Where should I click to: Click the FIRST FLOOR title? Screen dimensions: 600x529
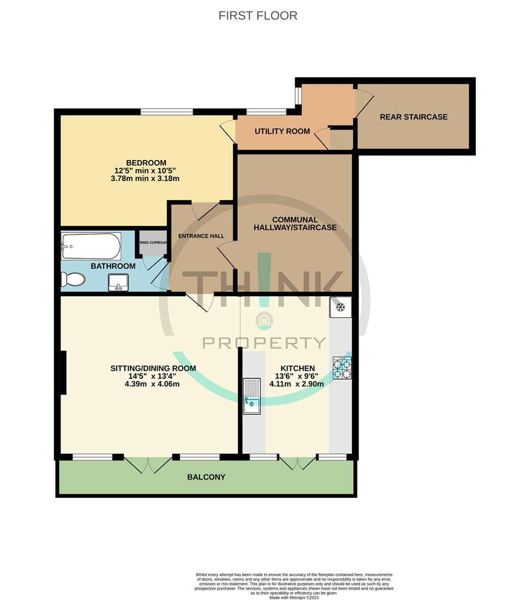(258, 16)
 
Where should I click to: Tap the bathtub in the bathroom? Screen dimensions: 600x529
(91, 246)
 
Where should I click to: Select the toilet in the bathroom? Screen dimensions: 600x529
(74, 279)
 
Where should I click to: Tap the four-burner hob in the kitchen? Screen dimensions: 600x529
(341, 368)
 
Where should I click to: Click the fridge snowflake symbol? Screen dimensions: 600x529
(341, 307)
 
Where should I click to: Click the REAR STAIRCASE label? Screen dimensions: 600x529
(414, 117)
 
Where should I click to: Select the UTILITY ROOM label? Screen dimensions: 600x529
(282, 132)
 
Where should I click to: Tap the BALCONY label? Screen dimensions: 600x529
(206, 477)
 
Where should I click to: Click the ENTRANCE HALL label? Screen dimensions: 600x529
(201, 236)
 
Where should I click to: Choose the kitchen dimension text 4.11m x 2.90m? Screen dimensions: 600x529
(292, 384)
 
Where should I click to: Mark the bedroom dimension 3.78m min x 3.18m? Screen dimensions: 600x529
(146, 179)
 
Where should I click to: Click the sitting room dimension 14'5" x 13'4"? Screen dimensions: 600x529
(153, 376)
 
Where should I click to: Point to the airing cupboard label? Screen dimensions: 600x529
(152, 243)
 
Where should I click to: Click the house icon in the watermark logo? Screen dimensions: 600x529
(264, 320)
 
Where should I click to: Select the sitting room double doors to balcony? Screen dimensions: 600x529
(148, 464)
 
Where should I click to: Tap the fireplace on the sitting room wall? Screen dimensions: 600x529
(64, 373)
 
